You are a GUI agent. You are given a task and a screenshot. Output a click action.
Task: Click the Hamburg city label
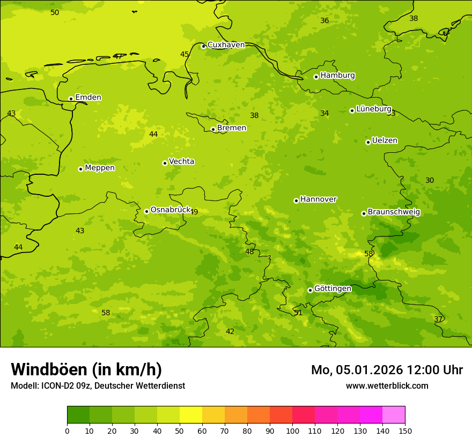[337, 76]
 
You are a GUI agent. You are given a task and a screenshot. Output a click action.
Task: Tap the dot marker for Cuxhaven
[203, 46]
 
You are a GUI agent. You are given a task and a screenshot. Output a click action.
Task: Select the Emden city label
[88, 98]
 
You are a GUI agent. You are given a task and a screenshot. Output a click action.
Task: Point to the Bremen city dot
[213, 129]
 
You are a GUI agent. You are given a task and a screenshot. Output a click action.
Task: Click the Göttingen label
[333, 288]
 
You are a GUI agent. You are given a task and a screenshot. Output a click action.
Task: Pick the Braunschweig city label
[394, 212]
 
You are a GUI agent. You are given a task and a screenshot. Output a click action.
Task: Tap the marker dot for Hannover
[296, 201]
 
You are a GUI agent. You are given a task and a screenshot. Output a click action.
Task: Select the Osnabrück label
[170, 210]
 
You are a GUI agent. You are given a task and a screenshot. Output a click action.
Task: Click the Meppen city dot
[80, 169]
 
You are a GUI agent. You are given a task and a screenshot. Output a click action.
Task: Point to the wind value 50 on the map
[55, 12]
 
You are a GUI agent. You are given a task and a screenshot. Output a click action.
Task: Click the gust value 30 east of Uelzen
[430, 180]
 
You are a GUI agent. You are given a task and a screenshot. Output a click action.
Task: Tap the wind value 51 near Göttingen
[298, 313]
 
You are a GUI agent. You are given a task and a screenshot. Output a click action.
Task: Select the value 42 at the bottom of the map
[230, 331]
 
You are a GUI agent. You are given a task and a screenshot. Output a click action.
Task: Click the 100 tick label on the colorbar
[292, 431]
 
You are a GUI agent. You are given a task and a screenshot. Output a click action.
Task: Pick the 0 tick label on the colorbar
[67, 431]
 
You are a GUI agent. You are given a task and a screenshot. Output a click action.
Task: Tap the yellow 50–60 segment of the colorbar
[191, 414]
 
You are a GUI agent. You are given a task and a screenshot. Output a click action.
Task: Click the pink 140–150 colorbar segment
[394, 414]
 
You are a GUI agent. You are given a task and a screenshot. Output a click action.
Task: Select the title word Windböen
[49, 369]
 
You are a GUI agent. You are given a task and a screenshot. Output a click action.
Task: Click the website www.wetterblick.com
[387, 385]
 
